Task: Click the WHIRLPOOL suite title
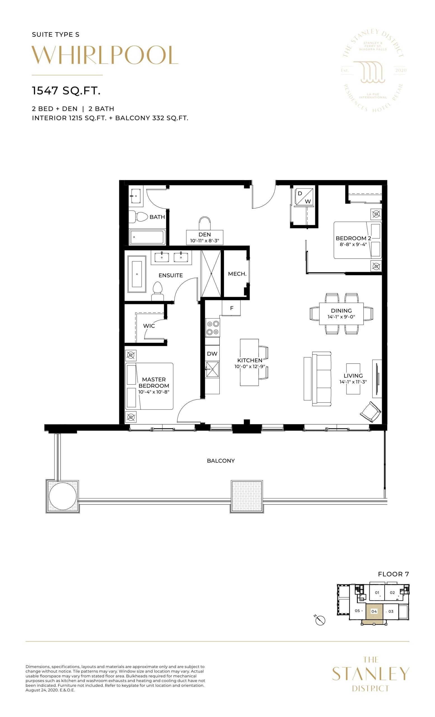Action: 104,55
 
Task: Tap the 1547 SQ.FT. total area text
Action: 66,91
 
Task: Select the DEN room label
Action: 204,234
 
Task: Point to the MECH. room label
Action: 237,274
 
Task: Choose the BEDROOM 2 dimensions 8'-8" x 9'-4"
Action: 353,245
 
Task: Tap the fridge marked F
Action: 231,308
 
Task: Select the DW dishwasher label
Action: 212,353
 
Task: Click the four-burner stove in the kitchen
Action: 212,327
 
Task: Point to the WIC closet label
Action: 149,326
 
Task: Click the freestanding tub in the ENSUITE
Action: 137,274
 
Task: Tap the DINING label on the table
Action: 341,311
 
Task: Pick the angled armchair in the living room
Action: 370,412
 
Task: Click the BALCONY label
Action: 221,461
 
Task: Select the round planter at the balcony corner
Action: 63,495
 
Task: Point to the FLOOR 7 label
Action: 393,574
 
